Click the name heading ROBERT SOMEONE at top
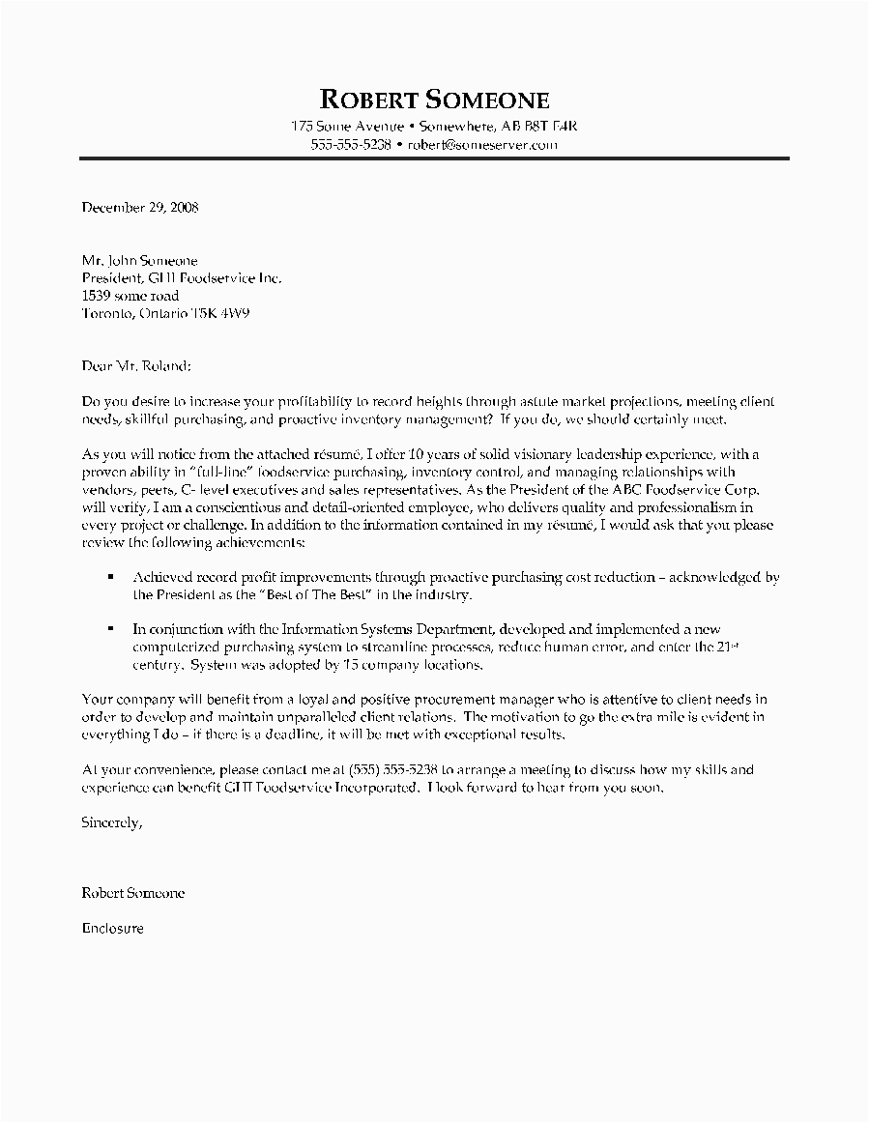[434, 100]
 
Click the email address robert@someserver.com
[482, 145]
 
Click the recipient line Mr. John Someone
[140, 261]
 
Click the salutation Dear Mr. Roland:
[137, 365]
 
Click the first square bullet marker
[111, 576]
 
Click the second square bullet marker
[111, 627]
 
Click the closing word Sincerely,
[112, 822]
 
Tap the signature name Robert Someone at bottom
[133, 894]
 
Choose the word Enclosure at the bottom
[113, 928]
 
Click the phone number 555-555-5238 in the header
[351, 145]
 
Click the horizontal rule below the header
[434, 158]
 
